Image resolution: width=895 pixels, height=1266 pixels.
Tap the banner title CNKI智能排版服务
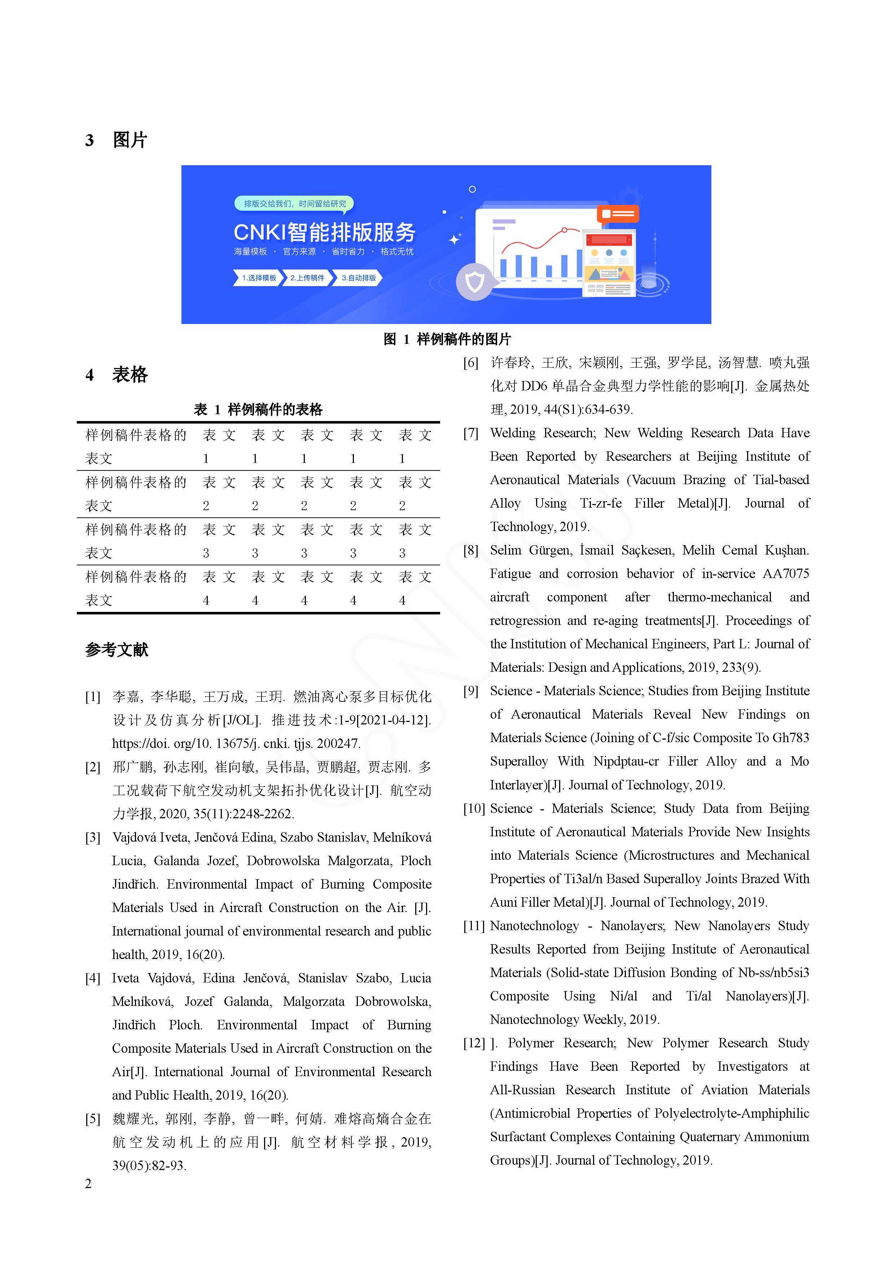coord(324,232)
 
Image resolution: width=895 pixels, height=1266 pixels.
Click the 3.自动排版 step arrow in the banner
coord(359,278)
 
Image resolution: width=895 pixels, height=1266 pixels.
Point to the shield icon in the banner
coord(474,282)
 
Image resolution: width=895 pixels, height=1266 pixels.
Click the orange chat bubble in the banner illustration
coord(618,213)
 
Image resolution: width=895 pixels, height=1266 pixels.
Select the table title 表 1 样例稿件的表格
coord(258,409)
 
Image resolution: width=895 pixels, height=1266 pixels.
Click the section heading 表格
coord(130,375)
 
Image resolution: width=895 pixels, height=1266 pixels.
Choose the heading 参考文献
coord(117,649)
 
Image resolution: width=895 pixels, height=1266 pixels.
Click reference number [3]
coord(93,838)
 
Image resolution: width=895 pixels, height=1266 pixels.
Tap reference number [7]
coord(470,433)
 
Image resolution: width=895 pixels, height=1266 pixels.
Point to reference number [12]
coord(474,1043)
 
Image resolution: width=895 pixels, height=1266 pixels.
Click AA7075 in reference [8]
coord(785,574)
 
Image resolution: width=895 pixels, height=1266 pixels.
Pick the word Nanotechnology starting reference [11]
coord(534,926)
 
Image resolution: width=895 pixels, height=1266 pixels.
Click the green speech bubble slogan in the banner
coord(294,204)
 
